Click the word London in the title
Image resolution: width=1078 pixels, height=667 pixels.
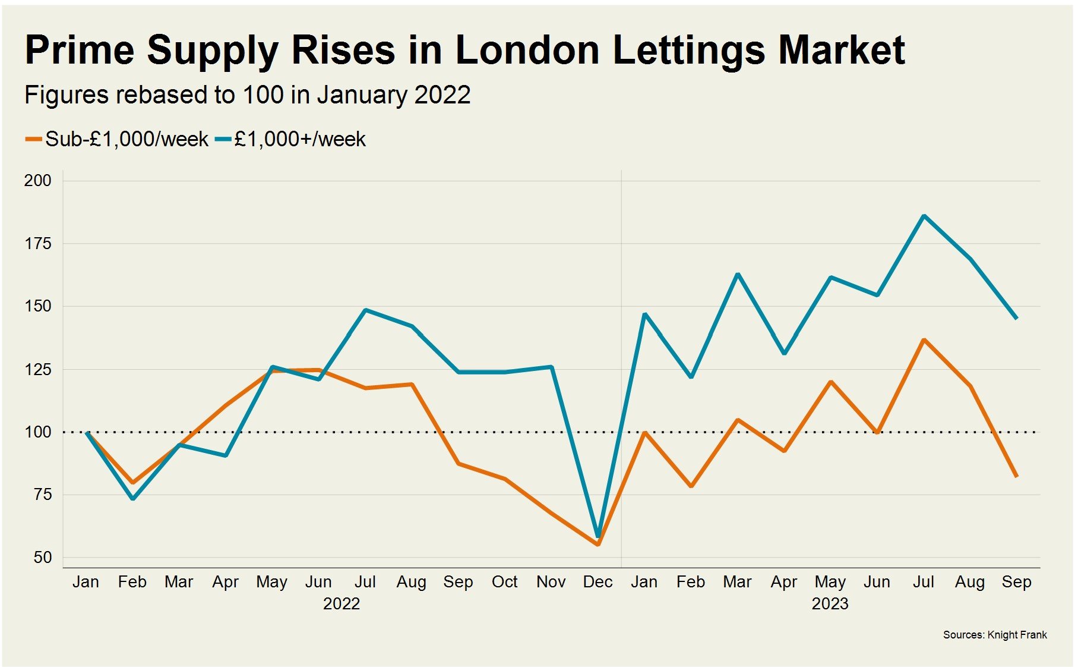click(527, 50)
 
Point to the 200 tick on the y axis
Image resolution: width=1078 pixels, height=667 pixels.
click(37, 180)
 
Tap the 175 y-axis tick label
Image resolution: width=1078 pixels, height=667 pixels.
click(37, 243)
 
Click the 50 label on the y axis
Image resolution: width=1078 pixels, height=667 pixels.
click(42, 557)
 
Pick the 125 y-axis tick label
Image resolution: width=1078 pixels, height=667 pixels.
click(37, 369)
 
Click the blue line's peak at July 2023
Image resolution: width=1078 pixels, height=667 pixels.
click(924, 216)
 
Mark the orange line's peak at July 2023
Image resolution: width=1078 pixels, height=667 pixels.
click(924, 339)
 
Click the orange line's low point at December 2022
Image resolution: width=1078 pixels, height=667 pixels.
click(598, 544)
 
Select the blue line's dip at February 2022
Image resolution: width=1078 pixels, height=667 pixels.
click(133, 498)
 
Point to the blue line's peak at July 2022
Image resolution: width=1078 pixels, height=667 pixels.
click(365, 310)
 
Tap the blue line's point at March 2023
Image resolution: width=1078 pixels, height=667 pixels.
click(738, 274)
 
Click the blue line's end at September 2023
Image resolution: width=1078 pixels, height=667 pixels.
click(1017, 319)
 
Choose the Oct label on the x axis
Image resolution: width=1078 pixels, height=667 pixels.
click(504, 582)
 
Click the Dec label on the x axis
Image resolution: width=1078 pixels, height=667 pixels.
click(598, 582)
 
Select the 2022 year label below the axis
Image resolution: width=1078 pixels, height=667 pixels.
click(342, 604)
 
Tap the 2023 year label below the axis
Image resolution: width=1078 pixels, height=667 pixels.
click(830, 604)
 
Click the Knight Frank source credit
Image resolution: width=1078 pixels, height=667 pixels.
click(995, 635)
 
